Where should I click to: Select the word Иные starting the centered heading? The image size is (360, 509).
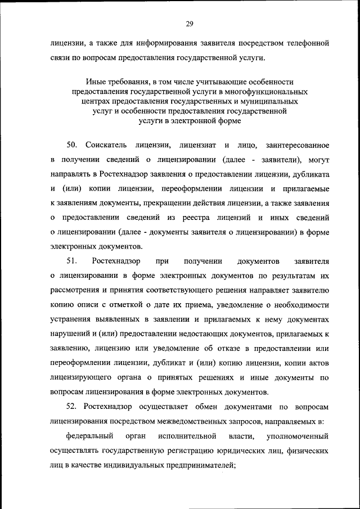(96, 82)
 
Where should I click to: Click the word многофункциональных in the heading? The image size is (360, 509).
(264, 91)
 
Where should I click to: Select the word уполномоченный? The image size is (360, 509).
(298, 436)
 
